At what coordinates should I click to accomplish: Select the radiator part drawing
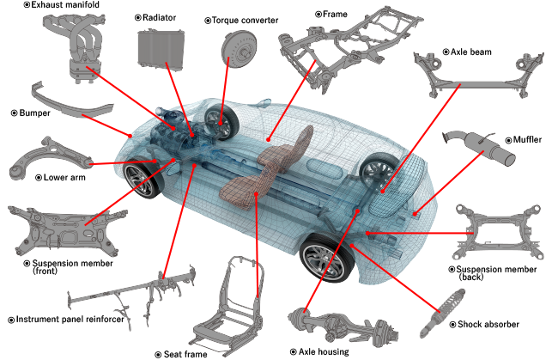[161, 50]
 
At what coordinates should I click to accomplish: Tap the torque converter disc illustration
[239, 48]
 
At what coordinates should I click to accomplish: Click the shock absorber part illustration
[442, 314]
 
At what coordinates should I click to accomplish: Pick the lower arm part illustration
[49, 158]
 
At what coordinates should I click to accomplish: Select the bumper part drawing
[70, 102]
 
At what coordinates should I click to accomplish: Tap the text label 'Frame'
[335, 14]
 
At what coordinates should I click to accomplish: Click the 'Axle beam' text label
[470, 52]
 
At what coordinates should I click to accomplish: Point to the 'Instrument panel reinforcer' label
[70, 319]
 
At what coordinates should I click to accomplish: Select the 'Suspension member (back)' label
[496, 273]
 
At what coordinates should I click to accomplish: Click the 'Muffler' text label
[527, 140]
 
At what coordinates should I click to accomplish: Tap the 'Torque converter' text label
[245, 21]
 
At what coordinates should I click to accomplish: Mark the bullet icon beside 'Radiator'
[138, 17]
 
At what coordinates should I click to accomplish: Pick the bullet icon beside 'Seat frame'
[159, 354]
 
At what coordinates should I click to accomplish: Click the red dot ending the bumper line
[130, 136]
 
